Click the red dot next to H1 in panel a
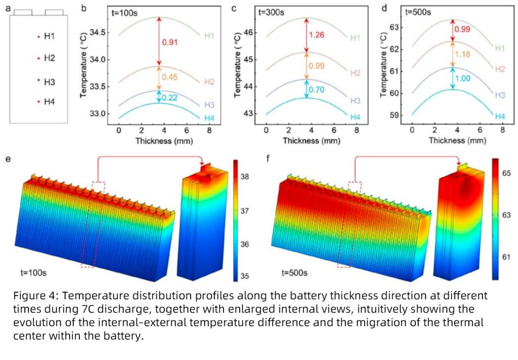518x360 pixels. pos(38,36)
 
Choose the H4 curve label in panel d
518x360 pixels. pos(500,116)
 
